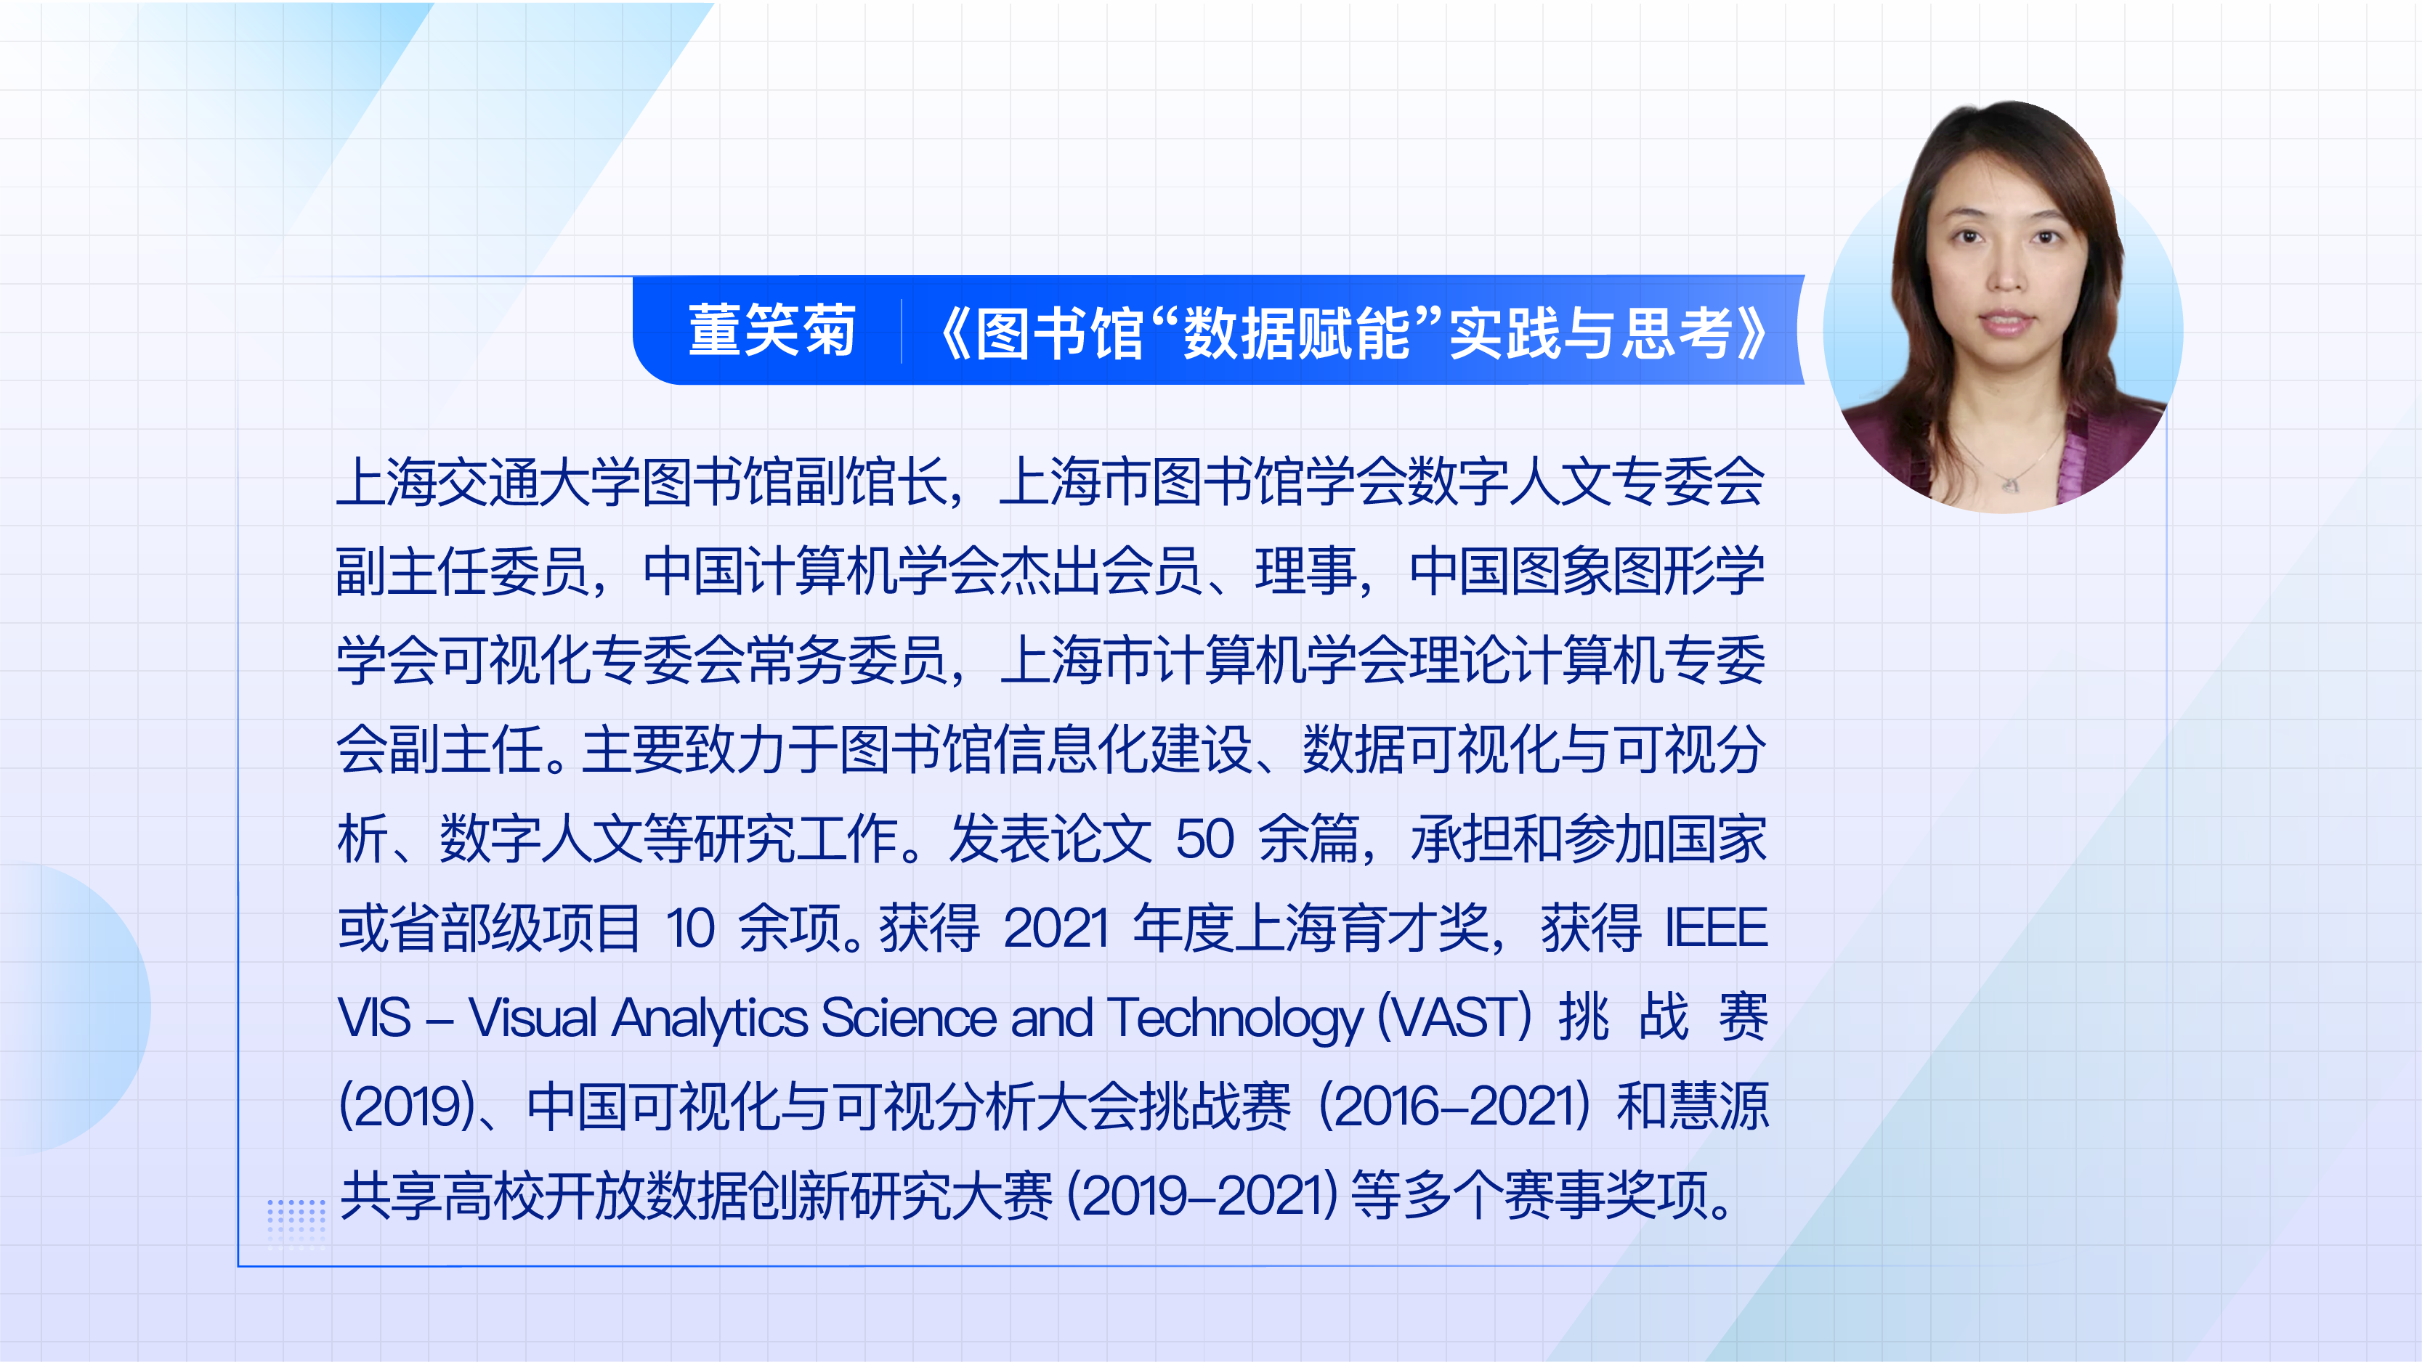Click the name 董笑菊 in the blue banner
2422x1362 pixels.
[x=772, y=331]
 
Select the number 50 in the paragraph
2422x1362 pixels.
[x=1204, y=839]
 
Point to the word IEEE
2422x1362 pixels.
[x=1716, y=929]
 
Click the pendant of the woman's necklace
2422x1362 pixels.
[x=2009, y=484]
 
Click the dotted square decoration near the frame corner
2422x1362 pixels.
[x=296, y=1221]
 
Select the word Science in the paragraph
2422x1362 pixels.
[x=910, y=1018]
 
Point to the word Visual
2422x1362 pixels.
[x=532, y=1018]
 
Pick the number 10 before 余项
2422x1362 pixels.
[x=691, y=929]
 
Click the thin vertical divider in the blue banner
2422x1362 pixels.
[x=901, y=331]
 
